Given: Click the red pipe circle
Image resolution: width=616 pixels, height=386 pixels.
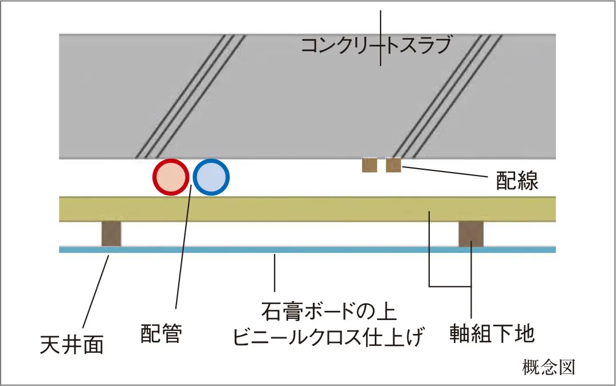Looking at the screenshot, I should (x=171, y=178).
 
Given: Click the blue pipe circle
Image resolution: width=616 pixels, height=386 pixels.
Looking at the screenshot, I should (x=211, y=178).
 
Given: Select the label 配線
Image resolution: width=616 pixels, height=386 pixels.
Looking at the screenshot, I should (x=517, y=181).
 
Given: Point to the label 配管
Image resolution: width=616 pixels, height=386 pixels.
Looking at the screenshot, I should (x=161, y=333).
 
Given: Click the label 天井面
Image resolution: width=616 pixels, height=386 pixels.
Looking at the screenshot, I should (x=72, y=344).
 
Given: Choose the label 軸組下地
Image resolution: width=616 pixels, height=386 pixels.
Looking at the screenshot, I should (x=492, y=333).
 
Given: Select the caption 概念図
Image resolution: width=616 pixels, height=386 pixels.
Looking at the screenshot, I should (x=548, y=366).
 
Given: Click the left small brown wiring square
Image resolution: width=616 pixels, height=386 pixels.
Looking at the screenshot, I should (x=370, y=165).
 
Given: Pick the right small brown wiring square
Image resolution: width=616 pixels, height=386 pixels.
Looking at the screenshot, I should (x=393, y=165).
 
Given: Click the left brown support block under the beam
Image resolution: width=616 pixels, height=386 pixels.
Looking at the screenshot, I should (x=111, y=233).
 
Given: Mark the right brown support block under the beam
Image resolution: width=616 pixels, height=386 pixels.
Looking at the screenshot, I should (x=471, y=233).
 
